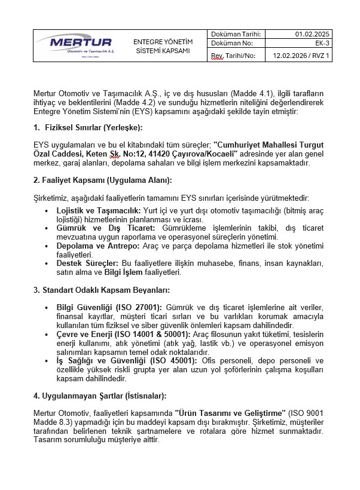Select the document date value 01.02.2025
point(312,33)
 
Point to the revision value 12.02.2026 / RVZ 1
point(301,56)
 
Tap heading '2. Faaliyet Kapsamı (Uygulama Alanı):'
point(102,180)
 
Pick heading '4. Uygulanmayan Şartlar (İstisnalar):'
point(99,396)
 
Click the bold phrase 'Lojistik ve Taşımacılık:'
point(98,211)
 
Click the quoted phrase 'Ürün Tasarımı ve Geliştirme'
point(228,412)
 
